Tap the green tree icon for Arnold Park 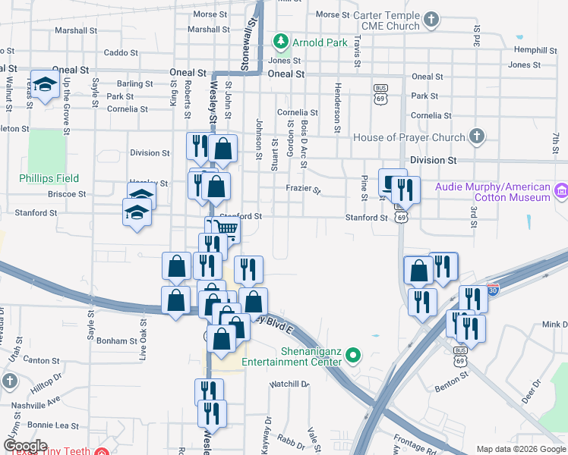click(281, 39)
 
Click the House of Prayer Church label click(409, 137)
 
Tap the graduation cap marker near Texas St click(46, 86)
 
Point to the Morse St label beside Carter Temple click(332, 14)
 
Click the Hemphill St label click(535, 50)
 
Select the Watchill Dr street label click(290, 384)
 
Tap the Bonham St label click(116, 341)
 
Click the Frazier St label click(303, 189)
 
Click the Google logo click(25, 446)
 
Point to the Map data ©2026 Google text click(521, 449)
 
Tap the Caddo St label click(121, 53)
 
